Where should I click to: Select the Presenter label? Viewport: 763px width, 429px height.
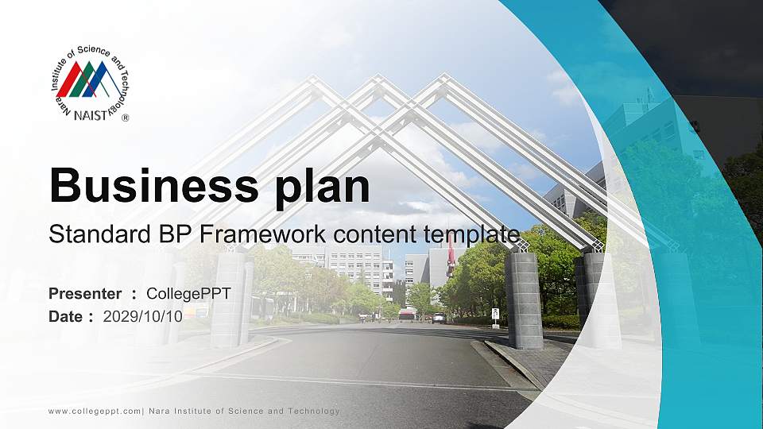pos(85,294)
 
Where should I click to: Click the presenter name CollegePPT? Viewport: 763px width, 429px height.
pos(188,294)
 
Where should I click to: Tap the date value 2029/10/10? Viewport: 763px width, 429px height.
pos(142,316)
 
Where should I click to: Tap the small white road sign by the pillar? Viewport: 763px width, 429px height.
pos(495,314)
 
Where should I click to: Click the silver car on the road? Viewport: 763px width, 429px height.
pos(439,318)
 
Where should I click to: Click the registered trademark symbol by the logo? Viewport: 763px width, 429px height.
pos(125,117)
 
